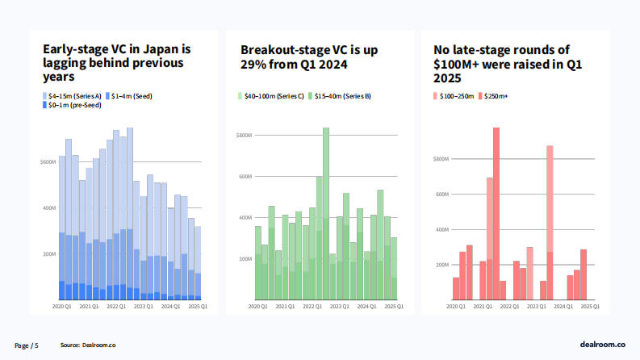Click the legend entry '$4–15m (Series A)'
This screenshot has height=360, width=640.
74,96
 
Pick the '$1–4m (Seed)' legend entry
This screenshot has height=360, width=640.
131,96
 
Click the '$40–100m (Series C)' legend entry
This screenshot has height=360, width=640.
273,96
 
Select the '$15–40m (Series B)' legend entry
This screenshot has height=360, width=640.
342,96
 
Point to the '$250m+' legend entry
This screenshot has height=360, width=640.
496,96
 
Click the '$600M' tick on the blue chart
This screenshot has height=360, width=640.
48,162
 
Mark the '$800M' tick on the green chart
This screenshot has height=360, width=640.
245,136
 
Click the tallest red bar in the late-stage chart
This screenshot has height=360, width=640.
496,214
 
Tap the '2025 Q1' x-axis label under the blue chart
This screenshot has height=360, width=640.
198,307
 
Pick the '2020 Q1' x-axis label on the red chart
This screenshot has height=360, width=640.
457,307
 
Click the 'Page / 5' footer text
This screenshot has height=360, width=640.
27,345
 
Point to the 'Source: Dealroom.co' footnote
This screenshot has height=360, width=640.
88,345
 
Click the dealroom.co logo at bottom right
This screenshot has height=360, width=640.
602,345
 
